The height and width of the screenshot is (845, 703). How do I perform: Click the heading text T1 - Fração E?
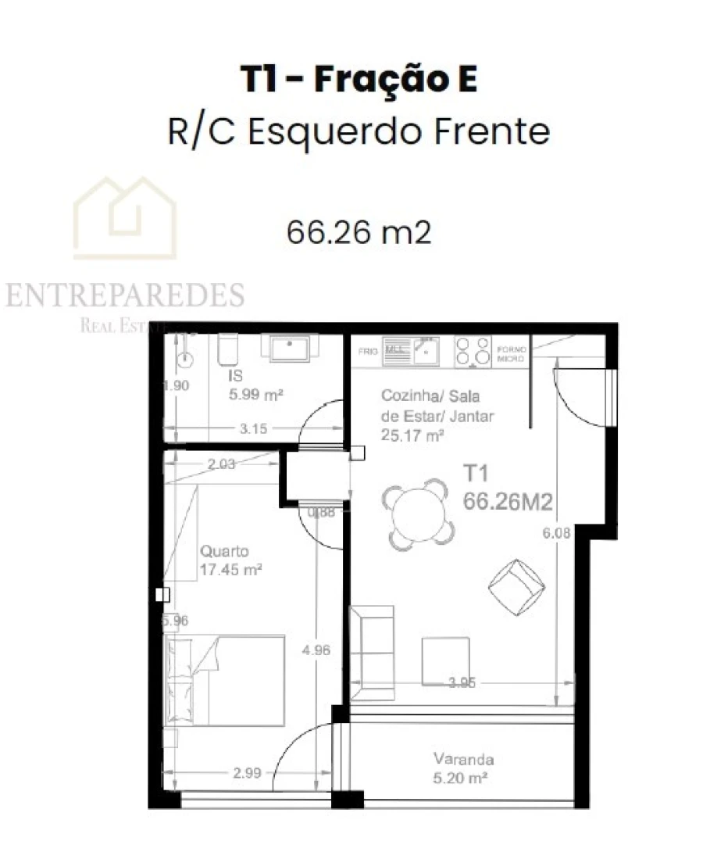359,81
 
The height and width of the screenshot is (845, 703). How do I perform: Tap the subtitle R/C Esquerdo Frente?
359,131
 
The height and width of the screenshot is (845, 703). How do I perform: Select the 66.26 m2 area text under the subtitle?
359,231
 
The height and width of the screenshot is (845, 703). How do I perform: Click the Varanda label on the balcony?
464,759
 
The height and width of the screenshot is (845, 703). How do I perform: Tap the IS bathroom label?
235,377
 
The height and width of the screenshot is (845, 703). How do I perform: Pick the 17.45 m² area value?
230,570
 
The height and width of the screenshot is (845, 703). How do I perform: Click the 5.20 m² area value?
461,779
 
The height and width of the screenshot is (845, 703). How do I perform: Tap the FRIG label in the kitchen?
368,353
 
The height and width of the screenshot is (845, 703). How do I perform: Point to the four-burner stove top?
472,352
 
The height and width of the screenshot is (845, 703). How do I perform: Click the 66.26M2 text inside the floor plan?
508,503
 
